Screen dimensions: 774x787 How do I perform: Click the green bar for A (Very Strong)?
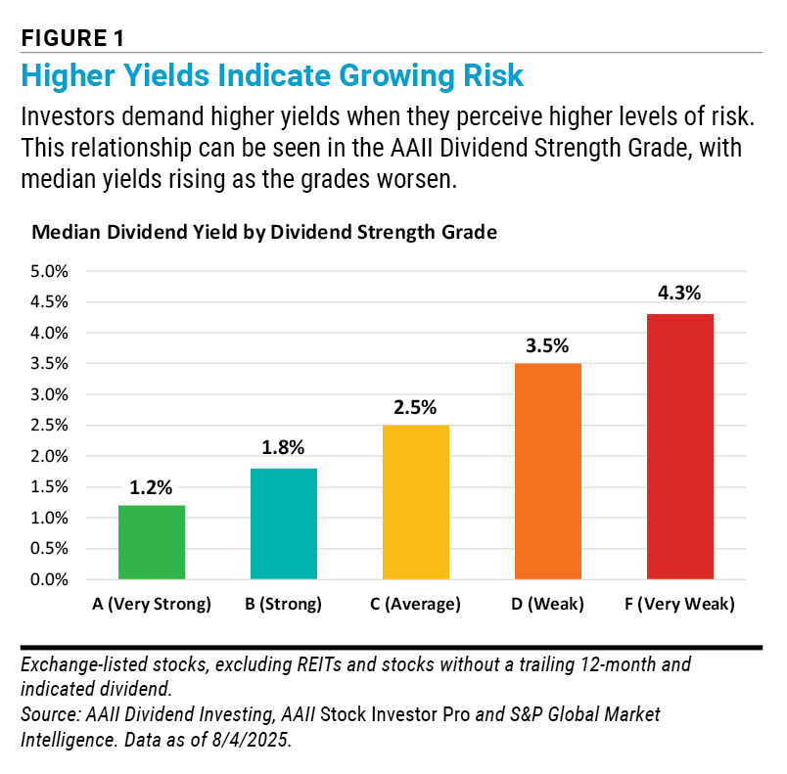pyautogui.click(x=152, y=542)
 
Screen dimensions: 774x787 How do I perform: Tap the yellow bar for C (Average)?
pyautogui.click(x=416, y=502)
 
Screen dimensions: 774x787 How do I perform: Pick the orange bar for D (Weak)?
pyautogui.click(x=548, y=472)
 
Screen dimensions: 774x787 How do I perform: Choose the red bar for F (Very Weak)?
pyautogui.click(x=681, y=446)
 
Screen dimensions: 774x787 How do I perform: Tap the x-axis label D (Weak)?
pyautogui.click(x=548, y=605)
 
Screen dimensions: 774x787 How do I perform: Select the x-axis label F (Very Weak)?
pyautogui.click(x=681, y=605)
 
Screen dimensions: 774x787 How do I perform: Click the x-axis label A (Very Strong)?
pyautogui.click(x=152, y=605)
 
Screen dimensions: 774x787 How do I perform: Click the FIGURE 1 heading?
pyautogui.click(x=72, y=38)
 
